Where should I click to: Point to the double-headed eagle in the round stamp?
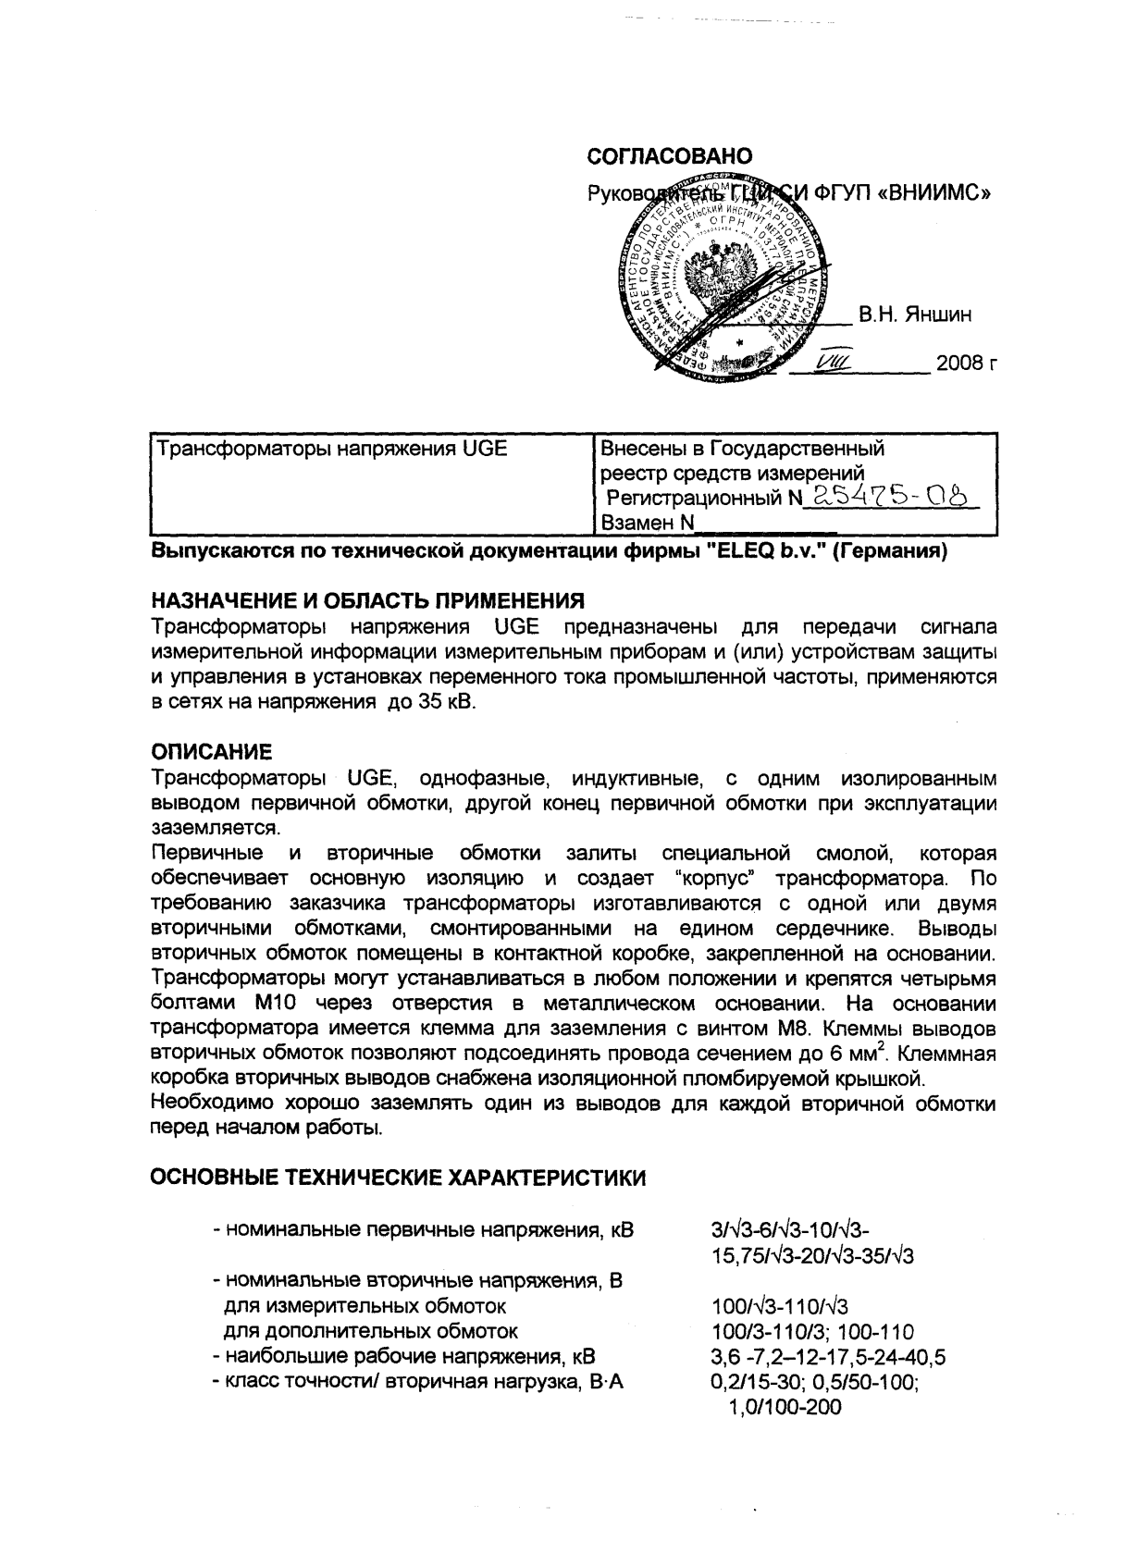tap(723, 267)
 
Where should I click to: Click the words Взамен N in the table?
tap(647, 523)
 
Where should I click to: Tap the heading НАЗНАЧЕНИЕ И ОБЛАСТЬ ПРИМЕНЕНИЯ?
tap(367, 602)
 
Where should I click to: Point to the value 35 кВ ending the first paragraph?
tap(440, 702)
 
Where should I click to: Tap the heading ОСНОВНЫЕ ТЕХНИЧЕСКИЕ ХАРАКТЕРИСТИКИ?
tap(398, 1178)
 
